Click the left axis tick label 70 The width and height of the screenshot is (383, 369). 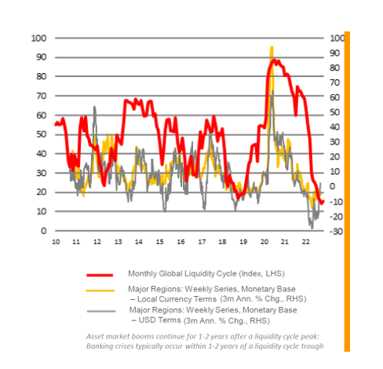click(42, 96)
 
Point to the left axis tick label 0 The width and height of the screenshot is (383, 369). click(44, 231)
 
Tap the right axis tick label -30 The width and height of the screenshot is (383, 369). click(336, 232)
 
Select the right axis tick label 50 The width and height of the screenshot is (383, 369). click(335, 112)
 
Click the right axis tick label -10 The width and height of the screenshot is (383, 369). click(336, 202)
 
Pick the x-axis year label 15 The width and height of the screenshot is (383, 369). click(159, 242)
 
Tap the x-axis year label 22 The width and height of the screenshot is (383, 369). click(306, 242)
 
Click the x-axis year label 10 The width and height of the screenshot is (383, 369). click(56, 242)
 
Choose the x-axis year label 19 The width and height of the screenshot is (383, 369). click(243, 242)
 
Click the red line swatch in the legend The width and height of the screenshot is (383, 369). click(100, 275)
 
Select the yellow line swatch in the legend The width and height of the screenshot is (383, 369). click(100, 290)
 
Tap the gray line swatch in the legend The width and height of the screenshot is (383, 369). click(101, 311)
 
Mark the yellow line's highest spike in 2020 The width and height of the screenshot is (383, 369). click(272, 47)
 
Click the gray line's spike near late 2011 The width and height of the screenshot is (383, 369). click(94, 108)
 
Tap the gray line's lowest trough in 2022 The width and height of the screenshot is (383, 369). click(312, 228)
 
